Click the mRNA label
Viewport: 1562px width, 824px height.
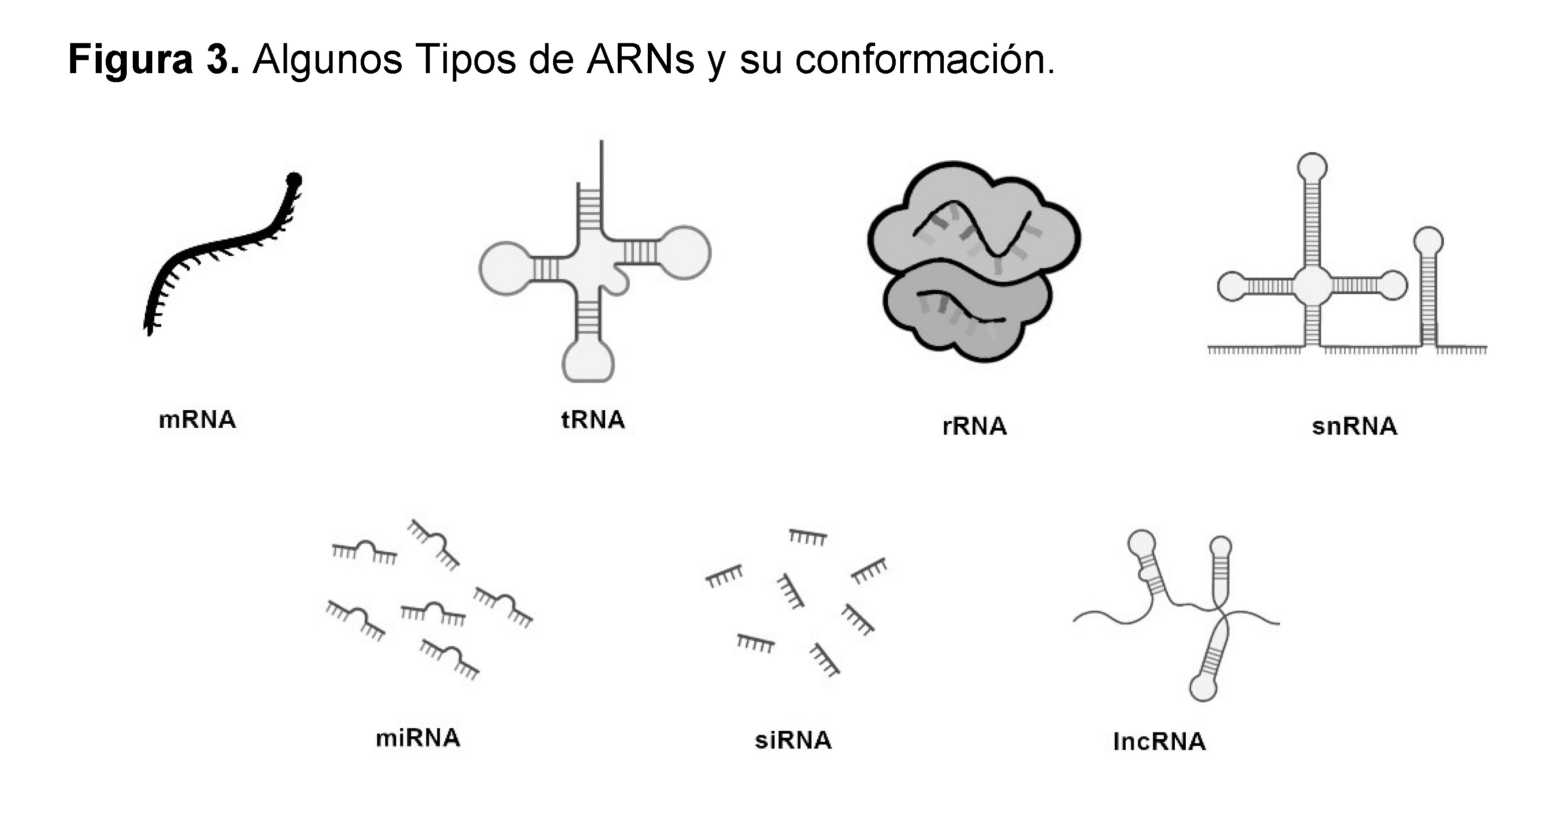pos(197,420)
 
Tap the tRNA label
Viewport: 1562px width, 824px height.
pos(593,420)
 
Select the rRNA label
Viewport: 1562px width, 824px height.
pos(974,426)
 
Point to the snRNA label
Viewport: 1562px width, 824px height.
pos(1354,426)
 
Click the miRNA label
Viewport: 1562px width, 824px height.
pos(418,738)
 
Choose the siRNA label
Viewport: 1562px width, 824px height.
pos(793,740)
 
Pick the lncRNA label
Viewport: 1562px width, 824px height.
pos(1159,741)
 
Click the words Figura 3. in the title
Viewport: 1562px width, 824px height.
pos(154,60)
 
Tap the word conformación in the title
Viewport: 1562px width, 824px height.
pos(925,60)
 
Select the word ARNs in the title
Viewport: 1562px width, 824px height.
pos(640,60)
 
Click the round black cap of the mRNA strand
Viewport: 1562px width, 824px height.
pos(294,180)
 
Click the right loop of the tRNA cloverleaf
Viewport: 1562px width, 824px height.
pos(683,253)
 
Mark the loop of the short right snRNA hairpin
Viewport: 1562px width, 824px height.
pos(1429,241)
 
